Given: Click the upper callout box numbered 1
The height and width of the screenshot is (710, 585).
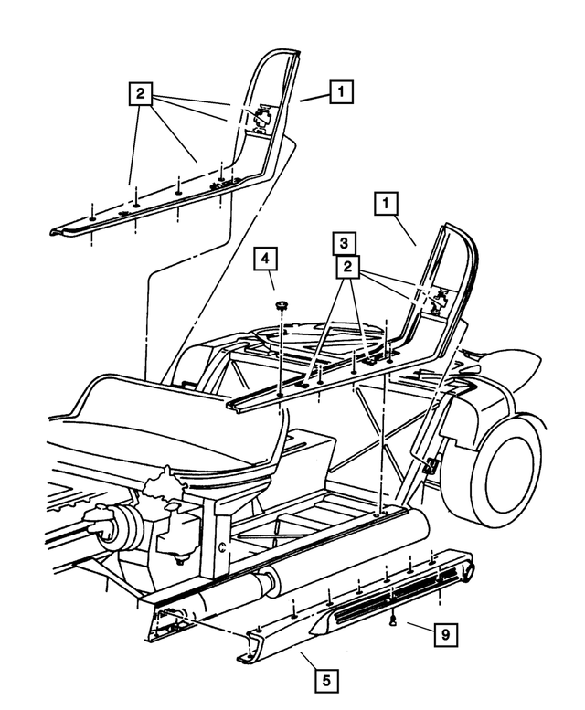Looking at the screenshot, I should tap(340, 91).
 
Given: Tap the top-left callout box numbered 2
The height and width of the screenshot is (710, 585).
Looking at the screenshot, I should tap(140, 94).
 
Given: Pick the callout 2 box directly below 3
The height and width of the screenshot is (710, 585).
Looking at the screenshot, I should tap(346, 267).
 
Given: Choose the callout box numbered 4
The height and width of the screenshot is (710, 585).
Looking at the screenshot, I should tap(265, 260).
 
